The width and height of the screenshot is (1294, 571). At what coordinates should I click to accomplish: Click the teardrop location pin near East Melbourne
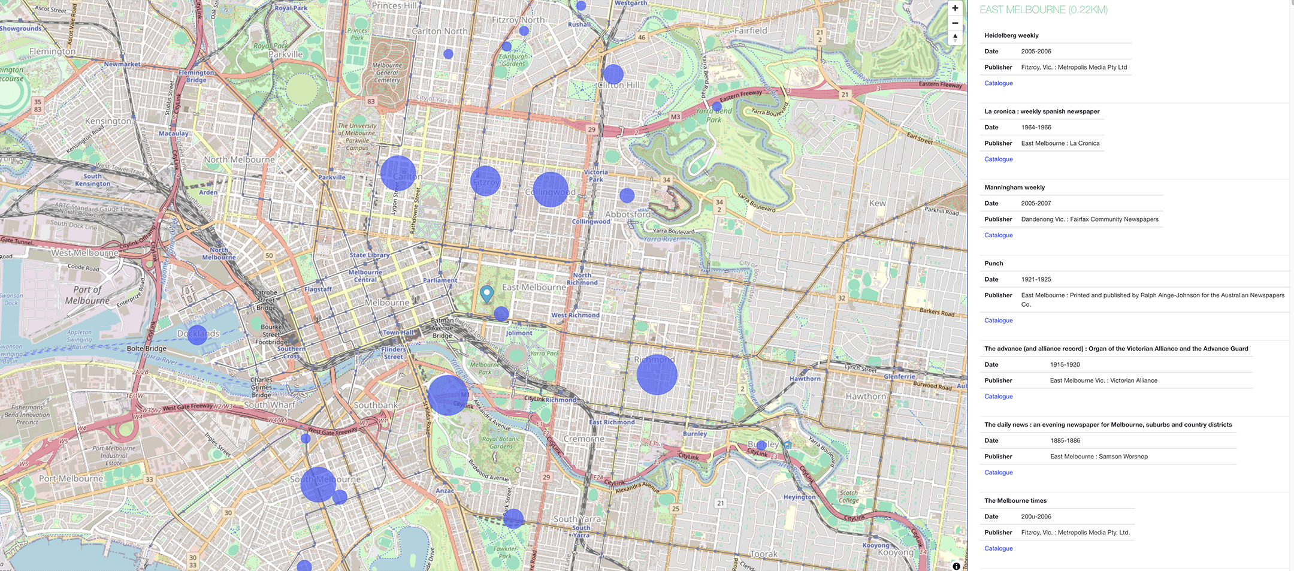486,293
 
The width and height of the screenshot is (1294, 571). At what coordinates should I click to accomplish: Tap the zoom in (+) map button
955,8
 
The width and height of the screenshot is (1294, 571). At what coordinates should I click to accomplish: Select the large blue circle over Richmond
657,374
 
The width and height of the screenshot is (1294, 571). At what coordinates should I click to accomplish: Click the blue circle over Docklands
197,334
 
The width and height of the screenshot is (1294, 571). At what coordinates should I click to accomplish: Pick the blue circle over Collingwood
550,190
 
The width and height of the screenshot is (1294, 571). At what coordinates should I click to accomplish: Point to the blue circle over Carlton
398,173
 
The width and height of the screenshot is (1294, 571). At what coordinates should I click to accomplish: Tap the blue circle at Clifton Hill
613,74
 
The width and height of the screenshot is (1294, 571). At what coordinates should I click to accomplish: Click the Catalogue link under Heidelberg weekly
998,83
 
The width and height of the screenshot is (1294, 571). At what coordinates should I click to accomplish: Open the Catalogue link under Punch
998,321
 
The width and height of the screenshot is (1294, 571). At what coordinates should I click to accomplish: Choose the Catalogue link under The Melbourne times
998,548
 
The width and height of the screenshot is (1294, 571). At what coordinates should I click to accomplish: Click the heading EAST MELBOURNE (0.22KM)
1043,10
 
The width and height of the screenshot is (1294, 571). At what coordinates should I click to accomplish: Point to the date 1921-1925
1036,279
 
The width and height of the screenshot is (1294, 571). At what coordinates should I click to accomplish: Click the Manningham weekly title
1014,188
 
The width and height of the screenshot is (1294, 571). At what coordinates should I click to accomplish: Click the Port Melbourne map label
71,478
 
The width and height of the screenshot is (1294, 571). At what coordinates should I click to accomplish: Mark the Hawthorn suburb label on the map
866,396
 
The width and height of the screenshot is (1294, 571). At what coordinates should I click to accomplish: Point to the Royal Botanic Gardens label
501,442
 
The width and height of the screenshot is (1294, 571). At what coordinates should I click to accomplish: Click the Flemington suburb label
53,52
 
